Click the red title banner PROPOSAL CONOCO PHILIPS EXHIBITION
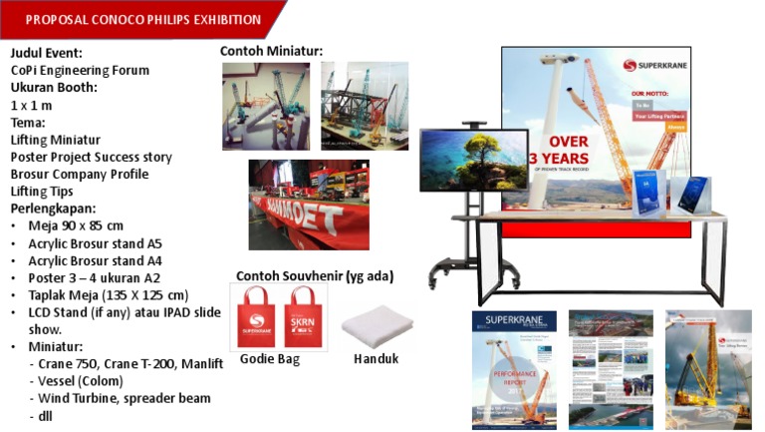click(x=143, y=19)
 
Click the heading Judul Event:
click(x=47, y=53)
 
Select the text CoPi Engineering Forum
click(x=80, y=70)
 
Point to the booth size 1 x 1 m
click(x=31, y=105)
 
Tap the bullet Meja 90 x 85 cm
click(x=76, y=225)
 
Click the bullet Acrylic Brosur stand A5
click(x=95, y=242)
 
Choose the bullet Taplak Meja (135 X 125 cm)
click(x=108, y=294)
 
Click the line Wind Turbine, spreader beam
click(x=120, y=398)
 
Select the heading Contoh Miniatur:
click(x=271, y=51)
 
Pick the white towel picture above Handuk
click(x=377, y=327)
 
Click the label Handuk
click(x=376, y=358)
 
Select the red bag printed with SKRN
click(x=301, y=317)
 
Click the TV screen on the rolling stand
click(x=473, y=160)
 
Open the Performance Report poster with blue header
click(x=514, y=368)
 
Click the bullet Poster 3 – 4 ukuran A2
click(x=94, y=277)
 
